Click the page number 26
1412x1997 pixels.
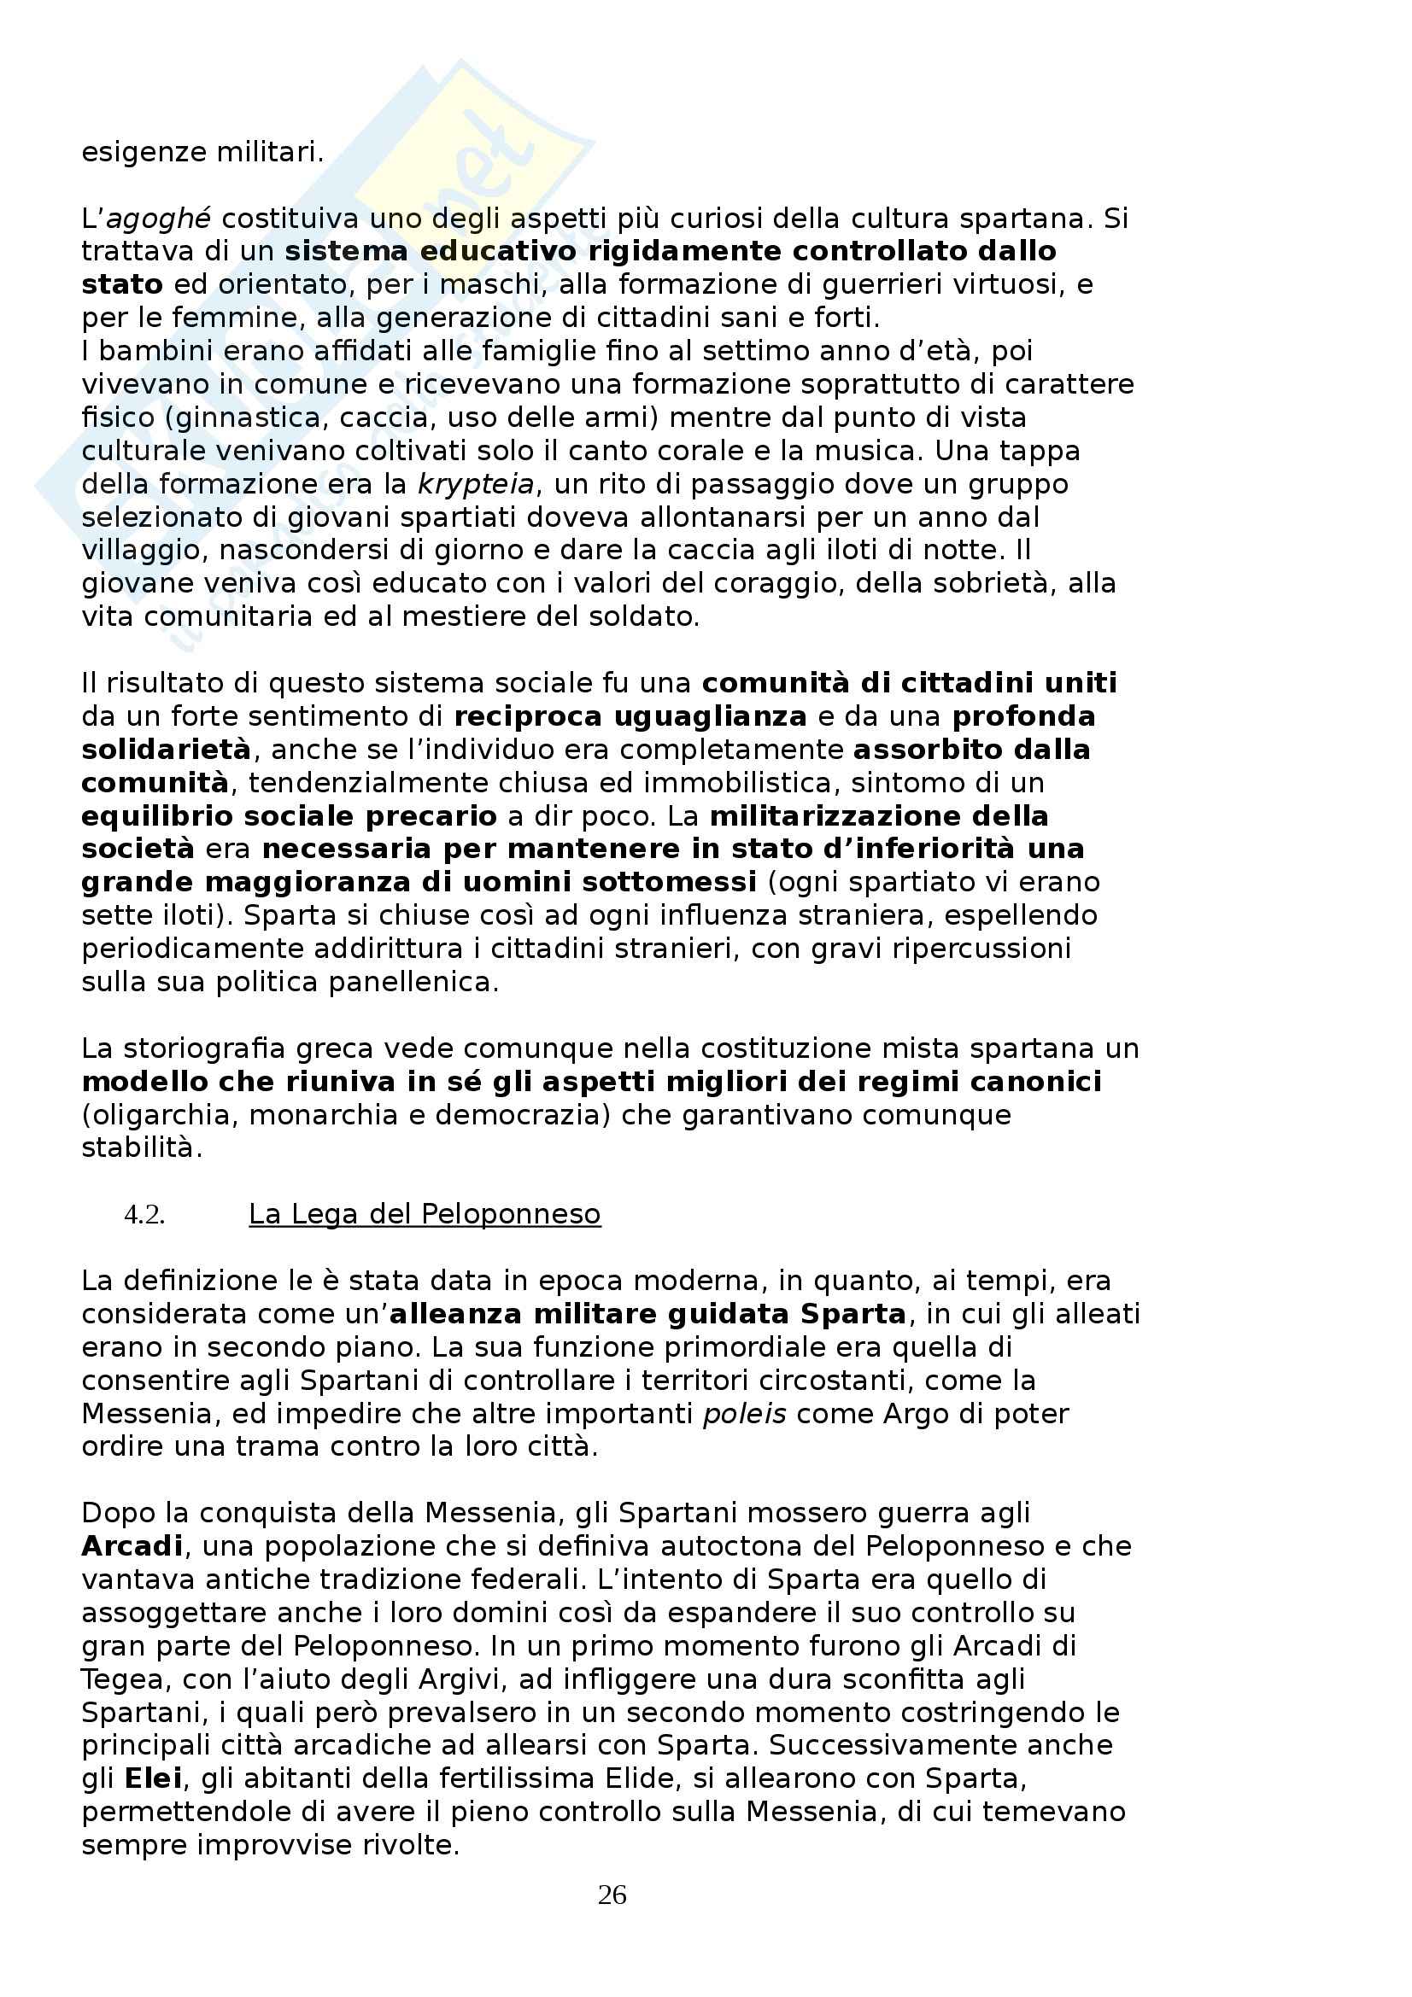(612, 1895)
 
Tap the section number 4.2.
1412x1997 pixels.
(144, 1215)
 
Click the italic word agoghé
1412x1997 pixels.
(163, 219)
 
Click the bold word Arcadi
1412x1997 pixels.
(132, 1546)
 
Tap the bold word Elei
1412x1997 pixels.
(152, 1778)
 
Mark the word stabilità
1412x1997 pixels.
(142, 1148)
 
